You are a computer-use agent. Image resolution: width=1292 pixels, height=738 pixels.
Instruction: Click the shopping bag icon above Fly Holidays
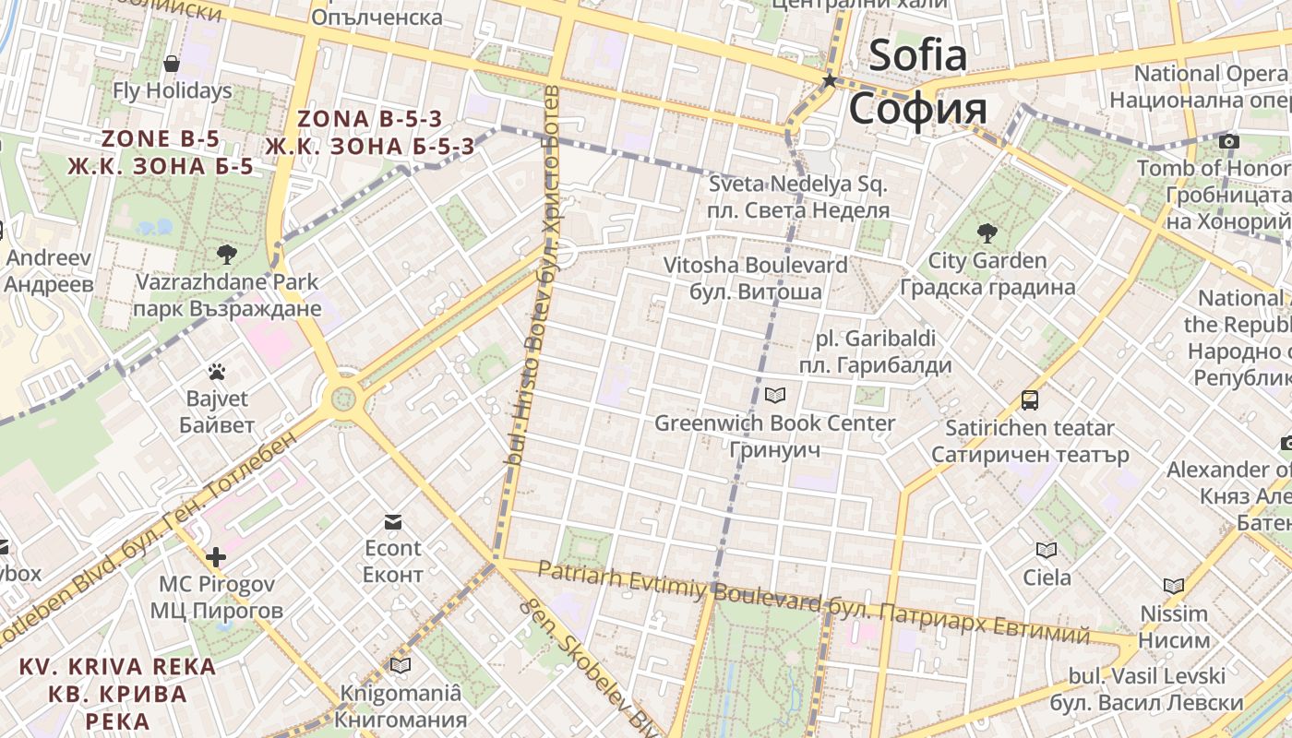tap(172, 64)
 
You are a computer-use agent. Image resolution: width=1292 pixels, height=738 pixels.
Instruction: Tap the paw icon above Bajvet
tap(217, 372)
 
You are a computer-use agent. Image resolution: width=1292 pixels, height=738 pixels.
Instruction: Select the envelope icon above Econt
tap(393, 522)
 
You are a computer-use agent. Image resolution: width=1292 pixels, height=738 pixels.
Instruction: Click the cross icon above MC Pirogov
tap(216, 557)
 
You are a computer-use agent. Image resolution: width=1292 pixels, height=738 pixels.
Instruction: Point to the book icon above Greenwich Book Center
tap(775, 396)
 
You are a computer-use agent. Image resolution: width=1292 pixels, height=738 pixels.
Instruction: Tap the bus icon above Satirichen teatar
tap(1030, 400)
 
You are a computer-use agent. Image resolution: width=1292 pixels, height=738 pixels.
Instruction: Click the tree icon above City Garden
tap(987, 232)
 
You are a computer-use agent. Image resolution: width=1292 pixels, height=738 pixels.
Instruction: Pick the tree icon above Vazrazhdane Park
tap(226, 254)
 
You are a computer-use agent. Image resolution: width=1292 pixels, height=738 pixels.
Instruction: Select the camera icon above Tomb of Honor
tap(1228, 141)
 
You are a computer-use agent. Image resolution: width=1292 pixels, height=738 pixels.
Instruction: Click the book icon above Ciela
tap(1047, 551)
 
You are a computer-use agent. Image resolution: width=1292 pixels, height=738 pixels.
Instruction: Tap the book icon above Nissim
tap(1174, 586)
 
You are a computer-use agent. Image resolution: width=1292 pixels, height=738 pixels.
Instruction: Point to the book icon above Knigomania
tap(401, 665)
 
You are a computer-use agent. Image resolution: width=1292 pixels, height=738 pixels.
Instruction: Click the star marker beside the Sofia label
tap(829, 81)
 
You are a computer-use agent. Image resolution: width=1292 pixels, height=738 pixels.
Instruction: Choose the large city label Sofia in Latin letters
tap(917, 55)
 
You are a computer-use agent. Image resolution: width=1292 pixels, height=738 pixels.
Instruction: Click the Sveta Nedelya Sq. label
tap(798, 184)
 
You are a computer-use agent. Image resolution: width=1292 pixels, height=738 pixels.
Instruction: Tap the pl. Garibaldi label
tap(876, 338)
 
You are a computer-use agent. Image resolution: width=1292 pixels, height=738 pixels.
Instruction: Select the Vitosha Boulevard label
tap(756, 266)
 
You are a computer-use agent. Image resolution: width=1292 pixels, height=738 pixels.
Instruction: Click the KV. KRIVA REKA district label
tap(117, 666)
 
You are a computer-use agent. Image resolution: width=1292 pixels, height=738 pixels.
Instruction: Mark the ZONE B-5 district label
tap(161, 139)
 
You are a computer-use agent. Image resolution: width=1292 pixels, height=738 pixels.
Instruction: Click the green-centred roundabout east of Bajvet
tap(342, 399)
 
